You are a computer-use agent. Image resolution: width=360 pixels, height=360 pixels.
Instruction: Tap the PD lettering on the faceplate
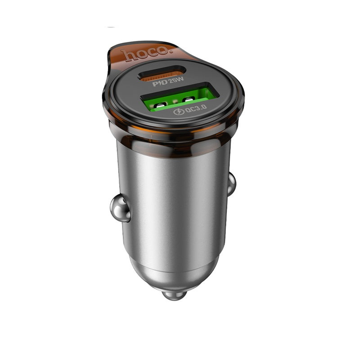(160, 83)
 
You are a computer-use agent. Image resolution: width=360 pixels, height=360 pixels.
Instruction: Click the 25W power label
(176, 81)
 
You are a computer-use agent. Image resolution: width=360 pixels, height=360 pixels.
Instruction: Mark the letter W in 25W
(180, 80)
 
